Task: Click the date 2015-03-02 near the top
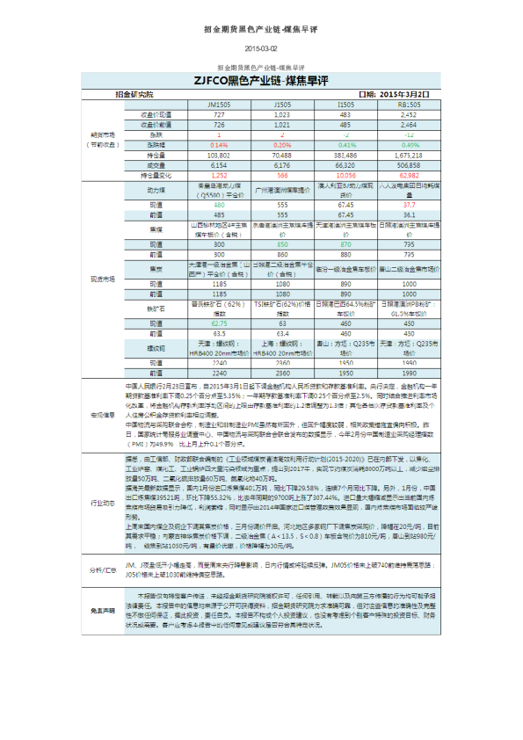pyautogui.click(x=261, y=48)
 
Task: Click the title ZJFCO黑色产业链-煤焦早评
pyautogui.click(x=261, y=81)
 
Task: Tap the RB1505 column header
pyautogui.click(x=409, y=105)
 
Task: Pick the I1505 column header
pyautogui.click(x=345, y=105)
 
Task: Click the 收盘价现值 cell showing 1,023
pyautogui.click(x=282, y=115)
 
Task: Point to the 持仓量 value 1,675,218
pyautogui.click(x=409, y=155)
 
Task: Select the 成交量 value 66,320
pyautogui.click(x=345, y=164)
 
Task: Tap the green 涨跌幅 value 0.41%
pyautogui.click(x=345, y=144)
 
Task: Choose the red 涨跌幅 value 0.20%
pyautogui.click(x=282, y=144)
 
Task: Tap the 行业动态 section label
pyautogui.click(x=104, y=504)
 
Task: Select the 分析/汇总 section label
pyautogui.click(x=104, y=570)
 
